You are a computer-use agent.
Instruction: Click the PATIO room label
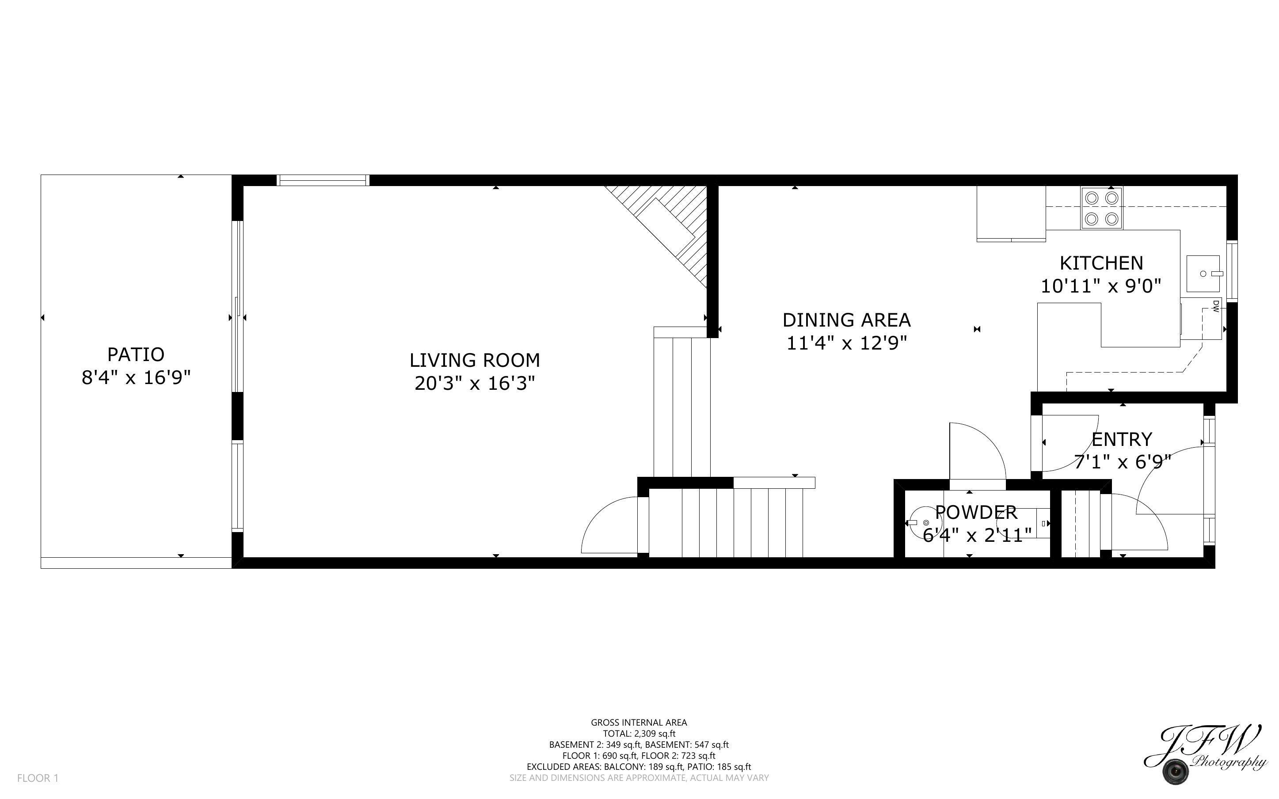[136, 354]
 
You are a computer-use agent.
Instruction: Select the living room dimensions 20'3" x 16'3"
[474, 383]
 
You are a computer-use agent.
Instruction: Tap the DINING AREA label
[846, 320]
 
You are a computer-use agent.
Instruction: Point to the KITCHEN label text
[1101, 263]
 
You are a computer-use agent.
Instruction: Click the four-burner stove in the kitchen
[1101, 208]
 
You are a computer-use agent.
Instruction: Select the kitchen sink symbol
[1203, 274]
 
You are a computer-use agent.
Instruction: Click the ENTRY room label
[1122, 440]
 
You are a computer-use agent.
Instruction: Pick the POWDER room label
[976, 512]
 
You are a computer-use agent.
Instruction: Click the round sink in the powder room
[925, 523]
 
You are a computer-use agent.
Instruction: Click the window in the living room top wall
[323, 181]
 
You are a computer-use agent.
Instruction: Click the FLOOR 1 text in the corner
[38, 778]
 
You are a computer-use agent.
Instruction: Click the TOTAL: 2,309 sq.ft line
[639, 734]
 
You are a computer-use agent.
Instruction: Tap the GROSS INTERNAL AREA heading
[639, 723]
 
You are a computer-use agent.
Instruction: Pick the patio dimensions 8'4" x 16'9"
[136, 378]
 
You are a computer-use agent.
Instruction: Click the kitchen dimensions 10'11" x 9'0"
[1101, 286]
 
